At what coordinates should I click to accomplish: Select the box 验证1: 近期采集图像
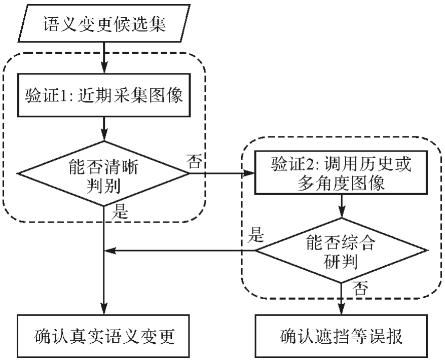(104, 96)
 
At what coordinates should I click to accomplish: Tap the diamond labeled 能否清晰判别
(104, 174)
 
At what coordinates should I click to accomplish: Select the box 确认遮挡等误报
(340, 336)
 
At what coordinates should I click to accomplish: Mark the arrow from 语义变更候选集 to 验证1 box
(104, 57)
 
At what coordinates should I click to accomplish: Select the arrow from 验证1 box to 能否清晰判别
(104, 127)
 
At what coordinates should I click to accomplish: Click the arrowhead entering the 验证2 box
(250, 174)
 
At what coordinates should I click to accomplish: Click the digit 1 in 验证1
(61, 96)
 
